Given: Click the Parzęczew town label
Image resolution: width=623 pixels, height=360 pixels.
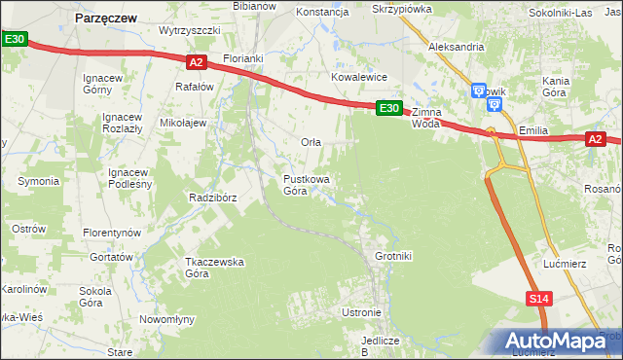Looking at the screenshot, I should (106, 17).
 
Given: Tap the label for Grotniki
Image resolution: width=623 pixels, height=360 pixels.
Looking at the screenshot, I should (393, 256).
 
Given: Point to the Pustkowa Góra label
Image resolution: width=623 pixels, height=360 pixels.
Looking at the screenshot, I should (307, 185).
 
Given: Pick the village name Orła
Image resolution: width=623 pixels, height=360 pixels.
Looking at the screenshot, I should (311, 142).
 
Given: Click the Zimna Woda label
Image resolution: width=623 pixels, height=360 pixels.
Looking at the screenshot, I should (426, 118).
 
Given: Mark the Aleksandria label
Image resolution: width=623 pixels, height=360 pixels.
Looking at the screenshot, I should (457, 46).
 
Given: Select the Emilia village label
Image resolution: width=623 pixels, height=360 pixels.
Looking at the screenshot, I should (535, 129).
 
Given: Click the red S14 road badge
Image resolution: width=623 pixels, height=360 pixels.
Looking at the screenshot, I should (540, 299).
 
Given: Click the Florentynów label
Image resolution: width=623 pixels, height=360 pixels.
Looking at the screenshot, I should (112, 234).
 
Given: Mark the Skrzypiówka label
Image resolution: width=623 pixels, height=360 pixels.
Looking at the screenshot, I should (402, 8).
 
